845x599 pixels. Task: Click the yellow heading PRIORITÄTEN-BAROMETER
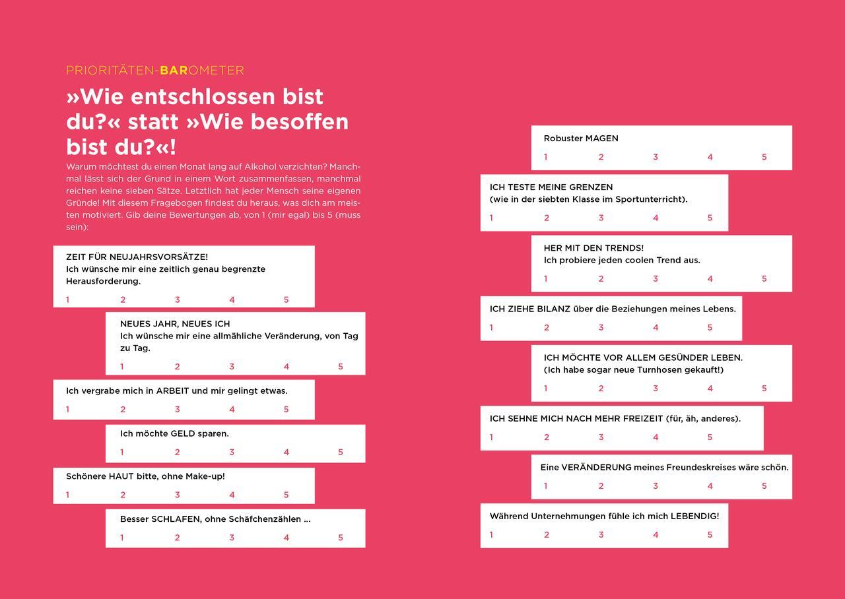(x=155, y=71)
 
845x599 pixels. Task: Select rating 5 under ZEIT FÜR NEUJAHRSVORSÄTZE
(x=287, y=300)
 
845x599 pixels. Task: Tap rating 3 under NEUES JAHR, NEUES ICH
(x=232, y=367)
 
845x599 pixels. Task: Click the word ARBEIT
(x=172, y=391)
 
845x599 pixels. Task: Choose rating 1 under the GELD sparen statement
(x=122, y=453)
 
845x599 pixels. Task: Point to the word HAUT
(x=121, y=476)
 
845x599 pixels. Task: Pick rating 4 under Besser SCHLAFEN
(x=287, y=538)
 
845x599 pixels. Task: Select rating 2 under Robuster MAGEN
(x=601, y=157)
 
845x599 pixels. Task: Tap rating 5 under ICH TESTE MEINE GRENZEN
(x=710, y=218)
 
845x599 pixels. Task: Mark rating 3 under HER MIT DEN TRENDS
(x=656, y=279)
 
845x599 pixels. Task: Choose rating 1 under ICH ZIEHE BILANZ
(x=491, y=328)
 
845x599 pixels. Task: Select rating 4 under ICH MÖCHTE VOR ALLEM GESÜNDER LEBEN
(x=710, y=389)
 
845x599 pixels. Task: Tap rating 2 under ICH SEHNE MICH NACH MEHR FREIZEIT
(x=547, y=437)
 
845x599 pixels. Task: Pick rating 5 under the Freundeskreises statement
(x=764, y=486)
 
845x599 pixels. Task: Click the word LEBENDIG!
(x=694, y=517)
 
